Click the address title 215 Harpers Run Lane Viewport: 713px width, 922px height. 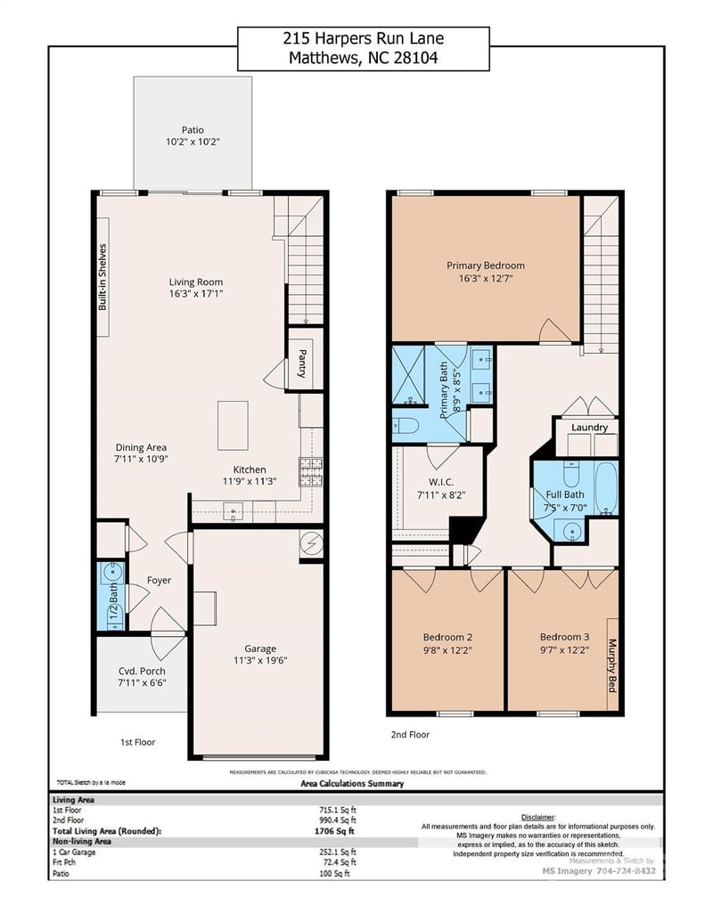point(363,38)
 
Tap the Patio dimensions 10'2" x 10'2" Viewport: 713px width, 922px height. point(193,142)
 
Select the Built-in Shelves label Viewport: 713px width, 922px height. point(102,277)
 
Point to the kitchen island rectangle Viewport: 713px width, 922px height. point(233,426)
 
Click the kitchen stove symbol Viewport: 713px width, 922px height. point(310,471)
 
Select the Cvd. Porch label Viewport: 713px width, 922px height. point(142,671)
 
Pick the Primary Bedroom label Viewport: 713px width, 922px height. point(486,265)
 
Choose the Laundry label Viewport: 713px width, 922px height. point(589,428)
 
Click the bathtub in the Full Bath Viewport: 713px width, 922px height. point(606,488)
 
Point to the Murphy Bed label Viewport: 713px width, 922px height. point(613,663)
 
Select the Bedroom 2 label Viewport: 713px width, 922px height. point(447,637)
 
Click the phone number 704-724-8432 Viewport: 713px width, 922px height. point(625,870)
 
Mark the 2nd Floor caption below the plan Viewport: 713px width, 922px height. point(410,735)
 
